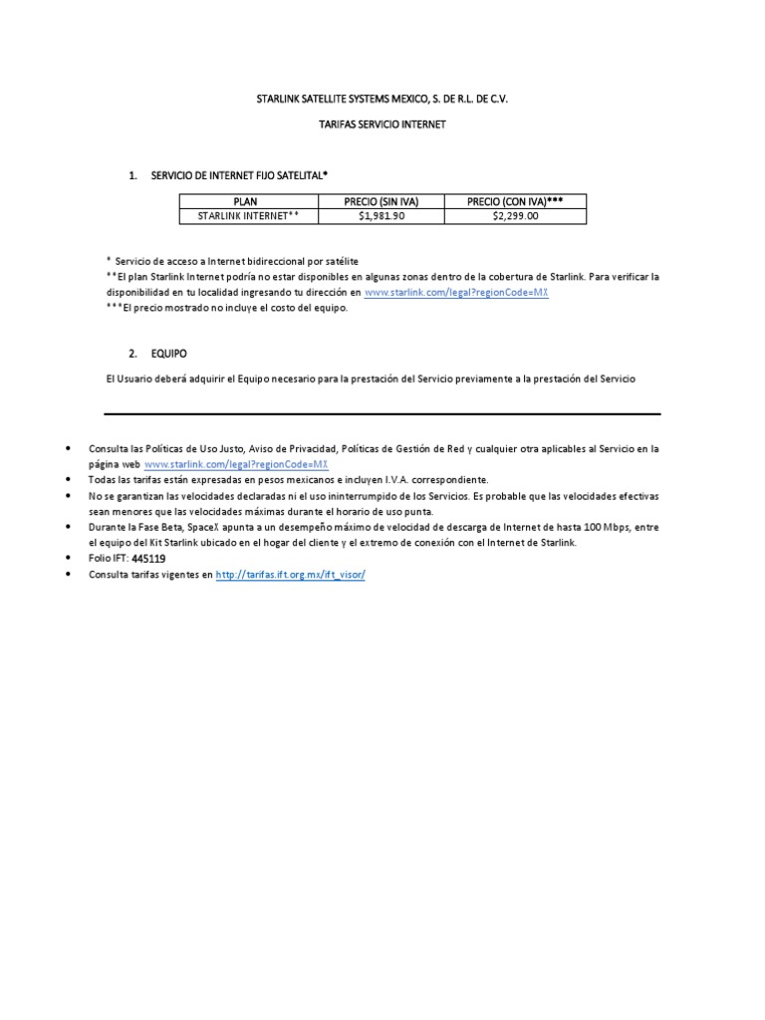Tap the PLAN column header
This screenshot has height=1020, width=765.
pyautogui.click(x=246, y=201)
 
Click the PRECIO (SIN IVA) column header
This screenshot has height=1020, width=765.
pyautogui.click(x=381, y=201)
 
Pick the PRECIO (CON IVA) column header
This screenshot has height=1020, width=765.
pyautogui.click(x=515, y=201)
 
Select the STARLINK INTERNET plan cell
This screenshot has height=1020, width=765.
pyautogui.click(x=246, y=215)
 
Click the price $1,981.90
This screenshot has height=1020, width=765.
pyautogui.click(x=381, y=215)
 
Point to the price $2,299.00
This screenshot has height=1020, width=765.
pyautogui.click(x=515, y=215)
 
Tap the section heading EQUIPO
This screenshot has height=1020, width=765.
pyautogui.click(x=168, y=354)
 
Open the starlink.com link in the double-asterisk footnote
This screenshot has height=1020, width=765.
pyautogui.click(x=457, y=293)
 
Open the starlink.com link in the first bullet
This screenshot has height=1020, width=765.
pyautogui.click(x=236, y=465)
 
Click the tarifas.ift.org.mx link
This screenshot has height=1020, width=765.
pyautogui.click(x=290, y=576)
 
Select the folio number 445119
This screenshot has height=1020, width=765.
pyautogui.click(x=148, y=560)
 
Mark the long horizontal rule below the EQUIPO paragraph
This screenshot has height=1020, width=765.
pyautogui.click(x=382, y=413)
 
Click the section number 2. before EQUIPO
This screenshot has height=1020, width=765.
pyautogui.click(x=133, y=354)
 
